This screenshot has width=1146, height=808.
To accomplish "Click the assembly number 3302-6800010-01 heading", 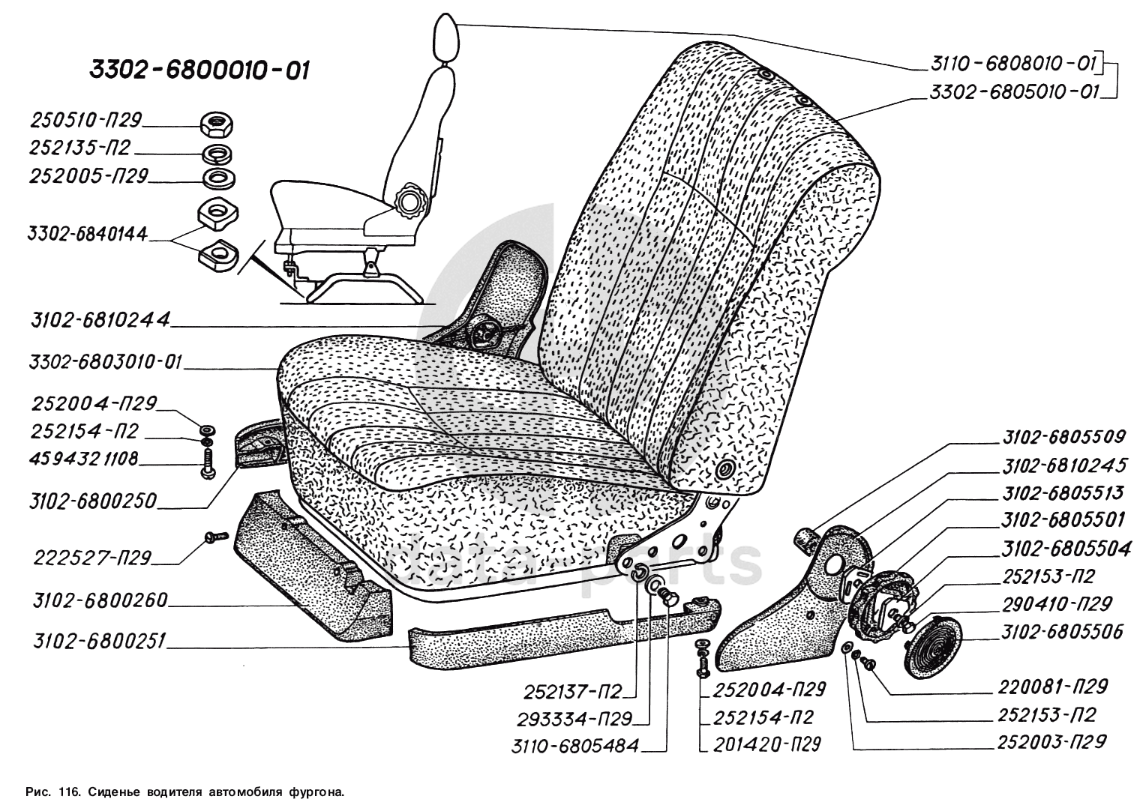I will (199, 70).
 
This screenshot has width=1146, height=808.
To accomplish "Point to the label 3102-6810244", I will (100, 321).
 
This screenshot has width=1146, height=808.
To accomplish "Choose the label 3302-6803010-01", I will (106, 363).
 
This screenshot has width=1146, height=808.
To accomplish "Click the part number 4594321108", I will (85, 458).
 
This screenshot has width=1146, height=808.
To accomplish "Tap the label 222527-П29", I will (93, 558).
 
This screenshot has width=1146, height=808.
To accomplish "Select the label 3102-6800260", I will (100, 601).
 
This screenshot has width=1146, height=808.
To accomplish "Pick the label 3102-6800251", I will (100, 642).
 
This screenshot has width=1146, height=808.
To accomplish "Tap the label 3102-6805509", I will (1063, 437).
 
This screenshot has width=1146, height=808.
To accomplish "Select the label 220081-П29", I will (1052, 687).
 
